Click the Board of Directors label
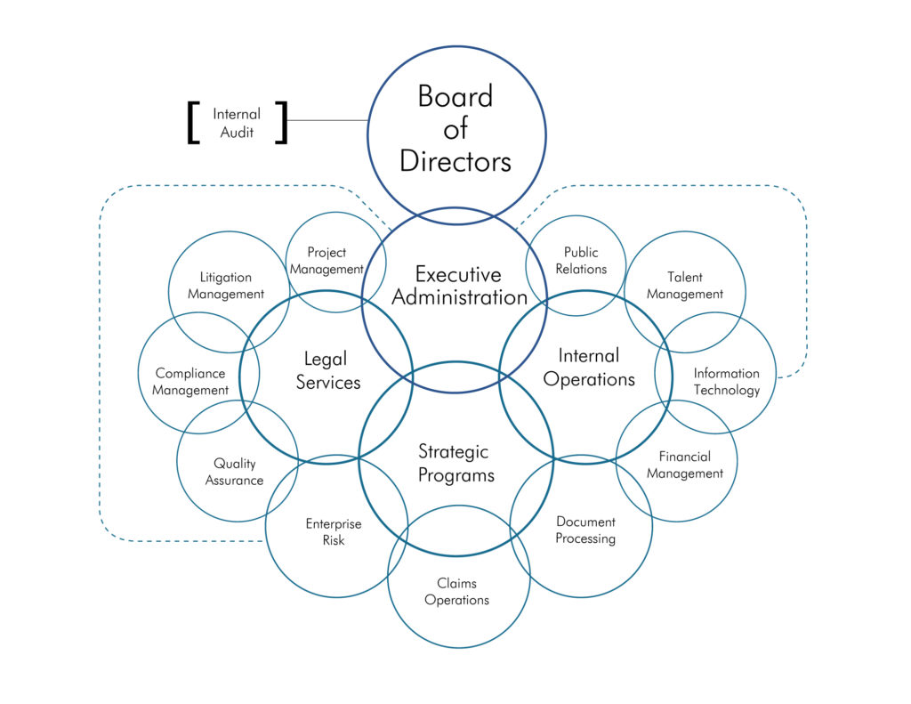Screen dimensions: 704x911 pyautogui.click(x=455, y=128)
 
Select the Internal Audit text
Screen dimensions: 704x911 pyautogui.click(x=237, y=123)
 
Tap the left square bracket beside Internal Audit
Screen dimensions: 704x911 pyautogui.click(x=193, y=123)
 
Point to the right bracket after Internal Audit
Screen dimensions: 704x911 pyautogui.click(x=282, y=123)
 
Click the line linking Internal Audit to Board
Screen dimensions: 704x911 pyautogui.click(x=327, y=120)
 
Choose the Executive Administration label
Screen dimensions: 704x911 pyautogui.click(x=459, y=286)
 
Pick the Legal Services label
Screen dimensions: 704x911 pyautogui.click(x=327, y=370)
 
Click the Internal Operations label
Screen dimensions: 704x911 pyautogui.click(x=589, y=367)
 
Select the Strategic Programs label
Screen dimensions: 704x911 pyautogui.click(x=455, y=463)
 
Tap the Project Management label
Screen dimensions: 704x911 pyautogui.click(x=327, y=261)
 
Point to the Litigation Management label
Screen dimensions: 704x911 pyautogui.click(x=226, y=286)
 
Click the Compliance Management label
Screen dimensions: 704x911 pyautogui.click(x=190, y=382)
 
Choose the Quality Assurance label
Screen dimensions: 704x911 pyautogui.click(x=234, y=472)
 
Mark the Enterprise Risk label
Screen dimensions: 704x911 pyautogui.click(x=333, y=532)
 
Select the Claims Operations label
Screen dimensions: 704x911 pyautogui.click(x=456, y=592)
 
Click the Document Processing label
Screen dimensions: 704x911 pyautogui.click(x=585, y=530)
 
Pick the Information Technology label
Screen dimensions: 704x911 pyautogui.click(x=726, y=382)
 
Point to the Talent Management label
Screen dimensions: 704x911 pyautogui.click(x=684, y=286)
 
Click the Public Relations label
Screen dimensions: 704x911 pyautogui.click(x=581, y=261)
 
